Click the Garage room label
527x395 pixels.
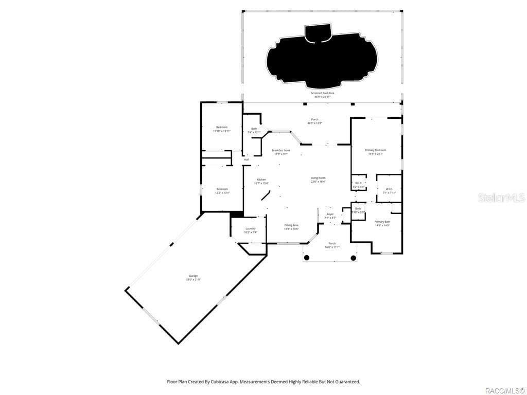pyautogui.click(x=193, y=276)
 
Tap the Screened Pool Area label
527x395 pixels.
pyautogui.click(x=322, y=93)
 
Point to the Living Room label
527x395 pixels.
pyautogui.click(x=318, y=178)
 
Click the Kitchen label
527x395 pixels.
pyautogui.click(x=261, y=179)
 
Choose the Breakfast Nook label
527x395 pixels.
pyautogui.click(x=281, y=150)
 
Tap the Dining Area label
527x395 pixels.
pyautogui.click(x=291, y=225)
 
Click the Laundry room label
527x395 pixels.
pyautogui.click(x=251, y=228)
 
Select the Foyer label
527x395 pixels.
pyautogui.click(x=330, y=214)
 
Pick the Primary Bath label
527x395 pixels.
pyautogui.click(x=382, y=222)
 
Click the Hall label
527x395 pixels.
pyautogui.click(x=247, y=159)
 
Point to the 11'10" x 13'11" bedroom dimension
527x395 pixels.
pyautogui.click(x=222, y=131)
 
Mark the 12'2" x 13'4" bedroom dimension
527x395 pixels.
pyautogui.click(x=222, y=193)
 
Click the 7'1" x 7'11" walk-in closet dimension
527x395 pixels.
pyautogui.click(x=389, y=193)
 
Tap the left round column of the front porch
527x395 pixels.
pyautogui.click(x=306, y=258)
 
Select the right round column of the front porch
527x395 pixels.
pyautogui.click(x=354, y=258)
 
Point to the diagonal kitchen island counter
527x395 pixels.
pyautogui.click(x=266, y=195)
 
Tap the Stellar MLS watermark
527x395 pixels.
pyautogui.click(x=501, y=197)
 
